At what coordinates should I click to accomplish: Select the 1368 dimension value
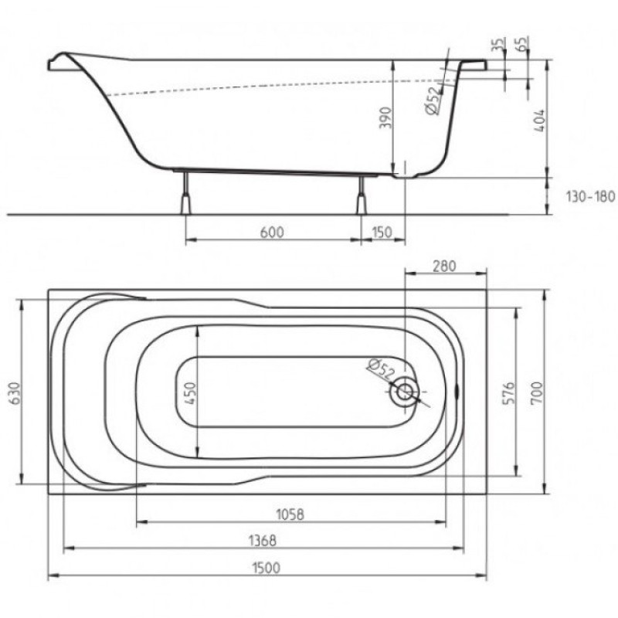263,540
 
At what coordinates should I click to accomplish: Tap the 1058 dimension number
290,514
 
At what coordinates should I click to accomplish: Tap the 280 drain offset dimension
443,266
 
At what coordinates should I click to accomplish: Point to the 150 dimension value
381,233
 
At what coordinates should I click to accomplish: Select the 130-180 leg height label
589,197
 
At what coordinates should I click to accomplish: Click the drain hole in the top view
404,392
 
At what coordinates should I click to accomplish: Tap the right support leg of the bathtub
360,195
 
